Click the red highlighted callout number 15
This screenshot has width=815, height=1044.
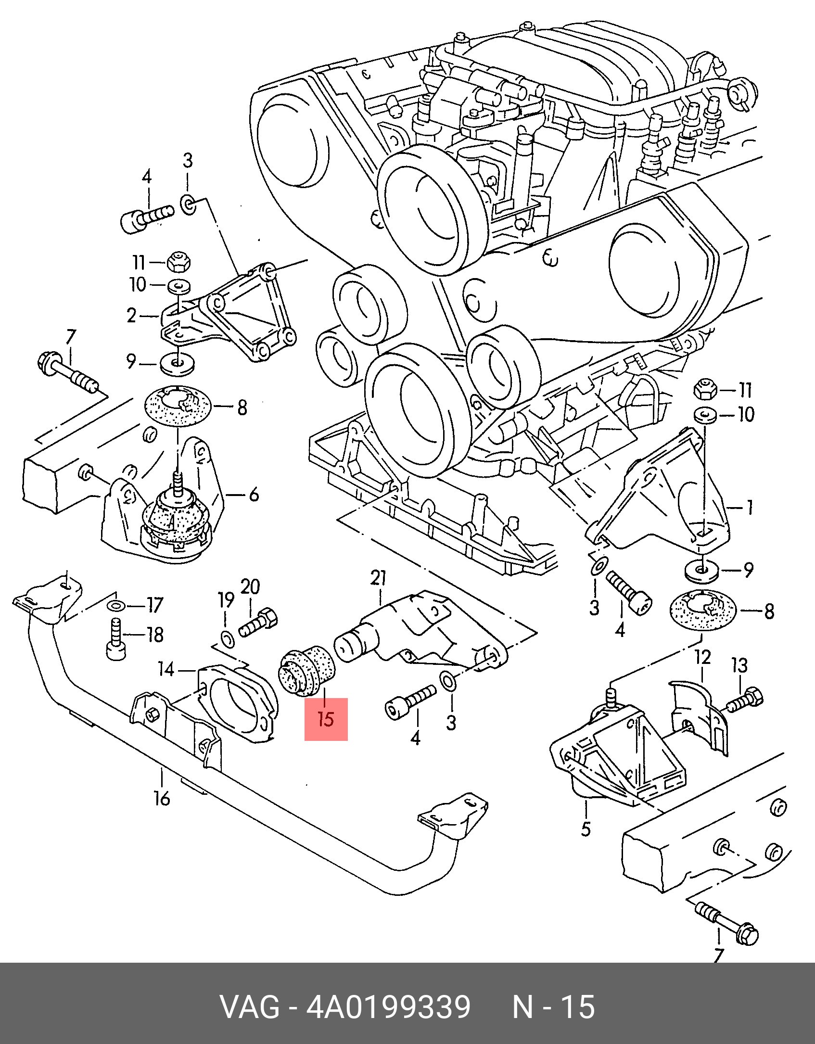pyautogui.click(x=326, y=719)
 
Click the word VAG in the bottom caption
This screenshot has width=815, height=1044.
pyautogui.click(x=250, y=1007)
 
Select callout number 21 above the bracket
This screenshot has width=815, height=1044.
pyautogui.click(x=379, y=578)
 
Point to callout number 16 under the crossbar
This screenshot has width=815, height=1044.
pyautogui.click(x=162, y=798)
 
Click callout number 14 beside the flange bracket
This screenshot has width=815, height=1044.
pyautogui.click(x=166, y=669)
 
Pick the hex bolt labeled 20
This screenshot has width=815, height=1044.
pyautogui.click(x=258, y=624)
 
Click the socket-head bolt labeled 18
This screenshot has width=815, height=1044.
pyautogui.click(x=115, y=639)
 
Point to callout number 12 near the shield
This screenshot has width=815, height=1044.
pyautogui.click(x=702, y=657)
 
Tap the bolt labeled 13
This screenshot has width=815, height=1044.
pyautogui.click(x=745, y=700)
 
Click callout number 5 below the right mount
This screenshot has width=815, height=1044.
pyautogui.click(x=586, y=828)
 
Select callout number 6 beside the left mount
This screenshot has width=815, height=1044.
pyautogui.click(x=254, y=495)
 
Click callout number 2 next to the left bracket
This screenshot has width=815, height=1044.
pyautogui.click(x=131, y=316)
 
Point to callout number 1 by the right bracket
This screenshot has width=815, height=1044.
pyautogui.click(x=749, y=507)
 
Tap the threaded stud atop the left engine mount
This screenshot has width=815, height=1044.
pyautogui.click(x=178, y=483)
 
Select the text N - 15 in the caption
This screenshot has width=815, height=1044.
pyautogui.click(x=553, y=1007)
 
